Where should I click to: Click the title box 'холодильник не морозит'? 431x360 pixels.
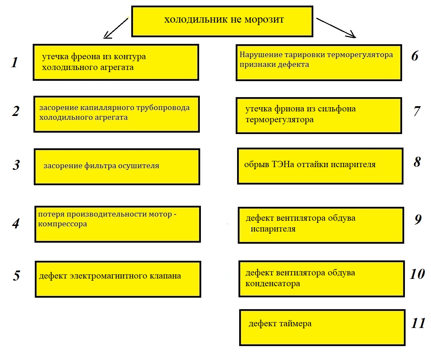point(222,21)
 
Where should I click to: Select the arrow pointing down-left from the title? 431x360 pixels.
point(116,28)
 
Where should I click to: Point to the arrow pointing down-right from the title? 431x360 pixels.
point(336,28)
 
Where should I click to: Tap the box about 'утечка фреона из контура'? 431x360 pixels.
point(116,62)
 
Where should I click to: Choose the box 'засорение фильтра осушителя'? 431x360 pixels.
point(117,167)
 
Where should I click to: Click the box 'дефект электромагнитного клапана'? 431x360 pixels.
point(118,279)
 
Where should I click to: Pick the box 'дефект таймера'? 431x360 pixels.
point(322,328)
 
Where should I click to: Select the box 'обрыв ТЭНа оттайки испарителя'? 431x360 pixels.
point(320,166)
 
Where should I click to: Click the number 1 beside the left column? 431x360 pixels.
point(15,63)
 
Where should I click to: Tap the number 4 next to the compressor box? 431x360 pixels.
point(16,224)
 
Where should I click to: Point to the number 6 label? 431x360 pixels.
point(415,56)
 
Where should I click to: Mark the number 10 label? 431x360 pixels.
point(417,274)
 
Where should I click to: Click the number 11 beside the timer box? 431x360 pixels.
point(418,323)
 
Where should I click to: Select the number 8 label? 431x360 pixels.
point(417,162)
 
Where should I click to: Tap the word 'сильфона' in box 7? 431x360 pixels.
point(338,109)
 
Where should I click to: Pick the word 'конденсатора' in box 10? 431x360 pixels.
point(273,284)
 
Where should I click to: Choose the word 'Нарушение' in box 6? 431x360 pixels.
point(257,55)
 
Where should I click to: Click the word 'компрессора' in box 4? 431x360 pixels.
point(62,224)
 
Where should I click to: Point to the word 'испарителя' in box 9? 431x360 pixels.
point(273,229)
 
